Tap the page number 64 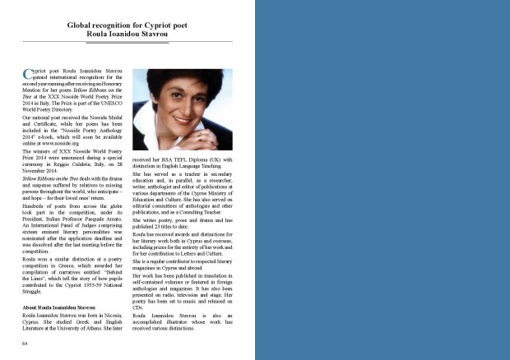[25, 341]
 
